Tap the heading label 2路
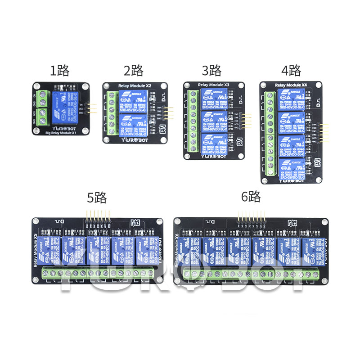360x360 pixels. pyautogui.click(x=133, y=71)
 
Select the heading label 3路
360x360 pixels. pyautogui.click(x=211, y=71)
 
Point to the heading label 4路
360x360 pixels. pyautogui.click(x=291, y=71)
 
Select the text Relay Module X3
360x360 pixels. pyautogui.click(x=214, y=85)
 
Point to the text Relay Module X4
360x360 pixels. pyautogui.click(x=291, y=84)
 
